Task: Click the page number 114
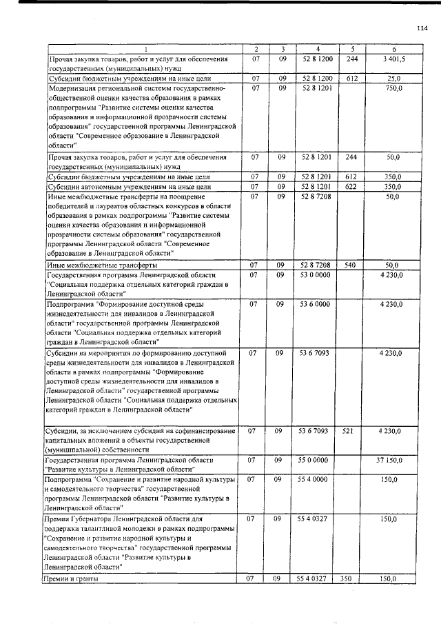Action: pyautogui.click(x=422, y=28)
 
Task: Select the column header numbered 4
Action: pyautogui.click(x=317, y=49)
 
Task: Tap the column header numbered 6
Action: pyautogui.click(x=393, y=49)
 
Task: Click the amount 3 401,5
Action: pyautogui.click(x=393, y=59)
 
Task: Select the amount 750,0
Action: pyautogui.click(x=393, y=88)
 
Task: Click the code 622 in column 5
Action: pyautogui.click(x=351, y=186)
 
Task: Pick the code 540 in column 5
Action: pyautogui.click(x=351, y=265)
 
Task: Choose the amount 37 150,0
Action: pyautogui.click(x=390, y=459)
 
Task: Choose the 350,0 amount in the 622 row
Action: pyautogui.click(x=393, y=186)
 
